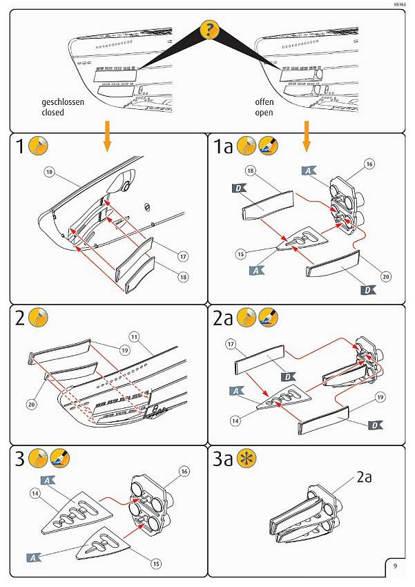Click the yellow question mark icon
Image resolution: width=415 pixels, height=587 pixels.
point(209,30)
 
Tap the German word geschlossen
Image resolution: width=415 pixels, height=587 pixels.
point(63,102)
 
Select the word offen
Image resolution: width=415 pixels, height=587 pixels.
point(264,102)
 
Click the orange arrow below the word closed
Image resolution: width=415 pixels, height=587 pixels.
point(107,136)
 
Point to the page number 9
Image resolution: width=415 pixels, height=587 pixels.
point(395,566)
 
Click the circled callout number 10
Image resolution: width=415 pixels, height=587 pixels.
point(50,172)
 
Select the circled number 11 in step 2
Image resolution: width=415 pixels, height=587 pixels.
point(135,337)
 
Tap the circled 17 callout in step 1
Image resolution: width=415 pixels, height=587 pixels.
point(182,256)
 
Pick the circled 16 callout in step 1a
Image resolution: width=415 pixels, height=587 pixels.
point(369,164)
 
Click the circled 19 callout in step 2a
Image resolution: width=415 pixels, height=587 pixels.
point(380,397)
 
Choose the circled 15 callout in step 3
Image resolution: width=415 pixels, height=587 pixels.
point(156,564)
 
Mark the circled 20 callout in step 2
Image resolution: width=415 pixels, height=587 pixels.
point(32,404)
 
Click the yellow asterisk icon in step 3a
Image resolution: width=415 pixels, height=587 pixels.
point(247,459)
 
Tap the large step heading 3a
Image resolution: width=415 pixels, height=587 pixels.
point(222,459)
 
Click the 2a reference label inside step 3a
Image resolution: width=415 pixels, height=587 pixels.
point(364,477)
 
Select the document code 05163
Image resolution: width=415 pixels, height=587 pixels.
point(399,5)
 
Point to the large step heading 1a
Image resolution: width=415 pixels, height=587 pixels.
point(223,146)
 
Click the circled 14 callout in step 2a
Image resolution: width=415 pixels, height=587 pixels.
point(235,421)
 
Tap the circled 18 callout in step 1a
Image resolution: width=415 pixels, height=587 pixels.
point(250,171)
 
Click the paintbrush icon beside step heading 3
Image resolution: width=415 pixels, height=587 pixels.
point(60,458)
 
